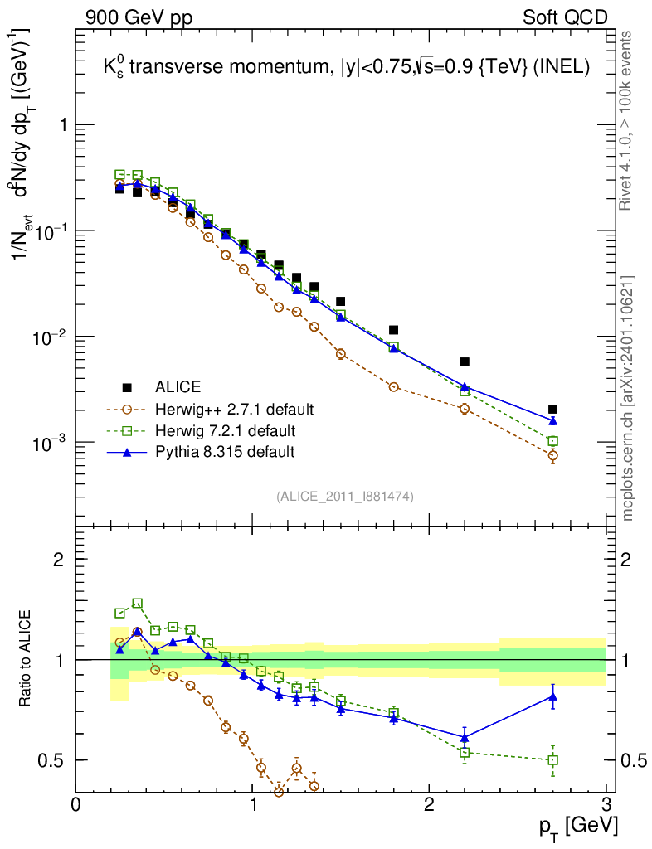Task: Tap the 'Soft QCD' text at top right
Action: pyautogui.click(x=565, y=17)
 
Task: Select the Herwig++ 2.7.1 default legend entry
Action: pyautogui.click(x=233, y=409)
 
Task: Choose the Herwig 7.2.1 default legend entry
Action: pyautogui.click(x=226, y=430)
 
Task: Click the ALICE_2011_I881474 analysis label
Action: pyautogui.click(x=345, y=496)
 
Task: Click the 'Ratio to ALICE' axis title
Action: pyautogui.click(x=26, y=658)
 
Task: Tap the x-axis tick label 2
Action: pyautogui.click(x=429, y=805)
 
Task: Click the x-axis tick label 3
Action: pyautogui.click(x=606, y=805)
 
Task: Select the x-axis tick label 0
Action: pyautogui.click(x=75, y=805)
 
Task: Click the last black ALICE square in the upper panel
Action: pyautogui.click(x=553, y=409)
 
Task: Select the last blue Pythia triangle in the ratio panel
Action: pyautogui.click(x=553, y=696)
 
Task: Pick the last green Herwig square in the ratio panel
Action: pyautogui.click(x=553, y=759)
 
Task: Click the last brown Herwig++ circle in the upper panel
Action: pyautogui.click(x=553, y=455)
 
